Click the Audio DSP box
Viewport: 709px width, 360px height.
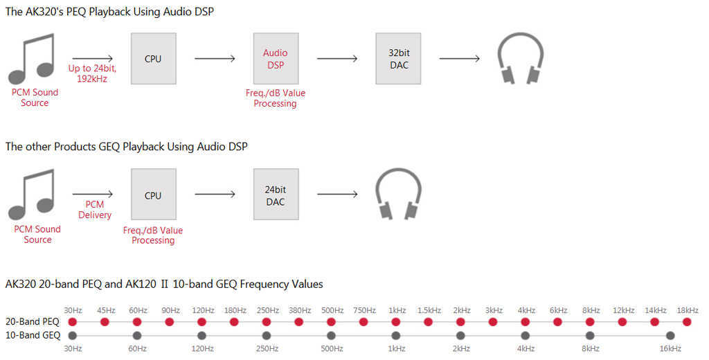tap(276, 58)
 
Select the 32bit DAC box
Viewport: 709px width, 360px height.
tap(398, 58)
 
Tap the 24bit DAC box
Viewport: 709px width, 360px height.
tap(276, 195)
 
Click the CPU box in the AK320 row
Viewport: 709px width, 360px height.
tap(153, 58)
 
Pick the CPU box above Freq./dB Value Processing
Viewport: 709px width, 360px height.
tap(153, 195)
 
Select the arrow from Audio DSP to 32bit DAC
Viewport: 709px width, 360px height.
tap(337, 58)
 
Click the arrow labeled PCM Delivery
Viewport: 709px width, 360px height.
tap(93, 195)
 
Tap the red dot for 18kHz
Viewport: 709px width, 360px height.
tap(687, 322)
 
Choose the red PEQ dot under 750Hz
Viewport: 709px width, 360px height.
tap(364, 322)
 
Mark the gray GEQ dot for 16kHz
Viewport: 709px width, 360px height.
tap(670, 336)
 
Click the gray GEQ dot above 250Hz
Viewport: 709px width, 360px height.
tap(267, 336)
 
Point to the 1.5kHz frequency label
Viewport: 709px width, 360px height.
tap(429, 310)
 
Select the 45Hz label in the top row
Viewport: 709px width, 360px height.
tap(106, 310)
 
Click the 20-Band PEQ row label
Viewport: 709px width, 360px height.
tap(33, 321)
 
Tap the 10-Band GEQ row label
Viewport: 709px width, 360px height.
tap(33, 335)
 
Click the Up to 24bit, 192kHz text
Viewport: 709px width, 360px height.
tap(92, 73)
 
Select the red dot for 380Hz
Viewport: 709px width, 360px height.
tap(299, 322)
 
